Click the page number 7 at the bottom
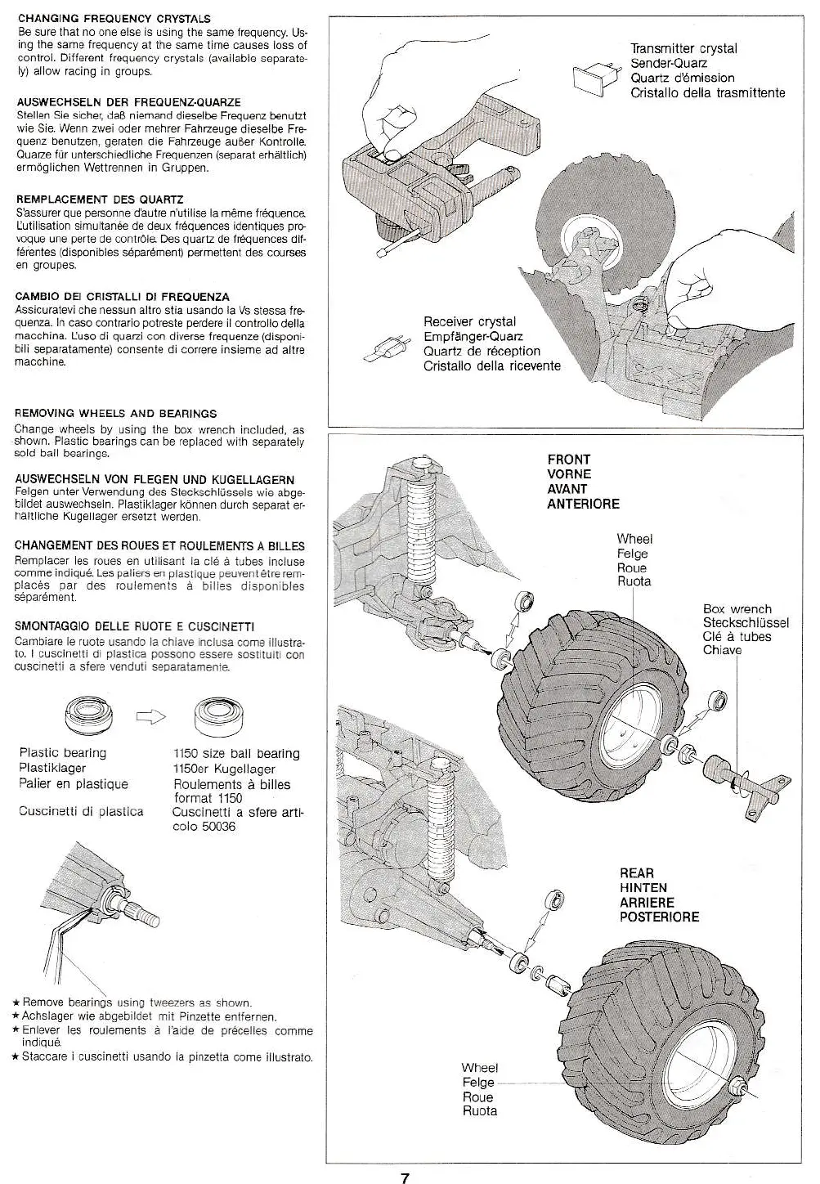[x=405, y=1177]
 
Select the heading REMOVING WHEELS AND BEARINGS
[x=115, y=414]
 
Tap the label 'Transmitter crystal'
[x=683, y=48]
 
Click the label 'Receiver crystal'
[x=469, y=322]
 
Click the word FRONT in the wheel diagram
[x=568, y=460]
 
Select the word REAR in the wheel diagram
[x=637, y=873]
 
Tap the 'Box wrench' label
[x=737, y=609]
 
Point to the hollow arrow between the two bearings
[x=150, y=717]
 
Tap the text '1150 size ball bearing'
[x=236, y=754]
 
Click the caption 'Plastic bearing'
[x=63, y=753]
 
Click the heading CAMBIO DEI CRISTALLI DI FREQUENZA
[x=122, y=297]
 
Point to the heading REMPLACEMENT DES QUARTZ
[x=100, y=200]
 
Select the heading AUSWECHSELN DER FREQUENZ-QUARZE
[x=128, y=102]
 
